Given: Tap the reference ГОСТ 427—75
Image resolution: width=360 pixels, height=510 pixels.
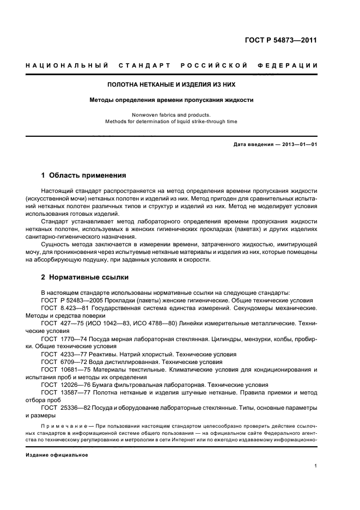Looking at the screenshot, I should pos(60,323).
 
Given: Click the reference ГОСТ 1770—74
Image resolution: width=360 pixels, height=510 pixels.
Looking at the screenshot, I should pos(61,338).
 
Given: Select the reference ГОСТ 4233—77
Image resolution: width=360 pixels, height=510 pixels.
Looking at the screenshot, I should pos(61,354).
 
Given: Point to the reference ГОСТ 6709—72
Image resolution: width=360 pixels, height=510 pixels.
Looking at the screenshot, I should pos(61,361).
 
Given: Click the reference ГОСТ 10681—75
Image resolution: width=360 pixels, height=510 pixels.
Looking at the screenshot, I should pos(62,369).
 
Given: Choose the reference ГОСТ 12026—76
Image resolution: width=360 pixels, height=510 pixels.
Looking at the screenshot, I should pos(62,384).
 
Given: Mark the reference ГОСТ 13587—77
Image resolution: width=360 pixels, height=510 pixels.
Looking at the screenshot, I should pos(62,392).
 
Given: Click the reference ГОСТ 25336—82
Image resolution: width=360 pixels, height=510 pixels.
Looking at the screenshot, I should pos(62,407).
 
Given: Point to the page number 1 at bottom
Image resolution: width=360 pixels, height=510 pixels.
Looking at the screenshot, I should pos(315,466).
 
